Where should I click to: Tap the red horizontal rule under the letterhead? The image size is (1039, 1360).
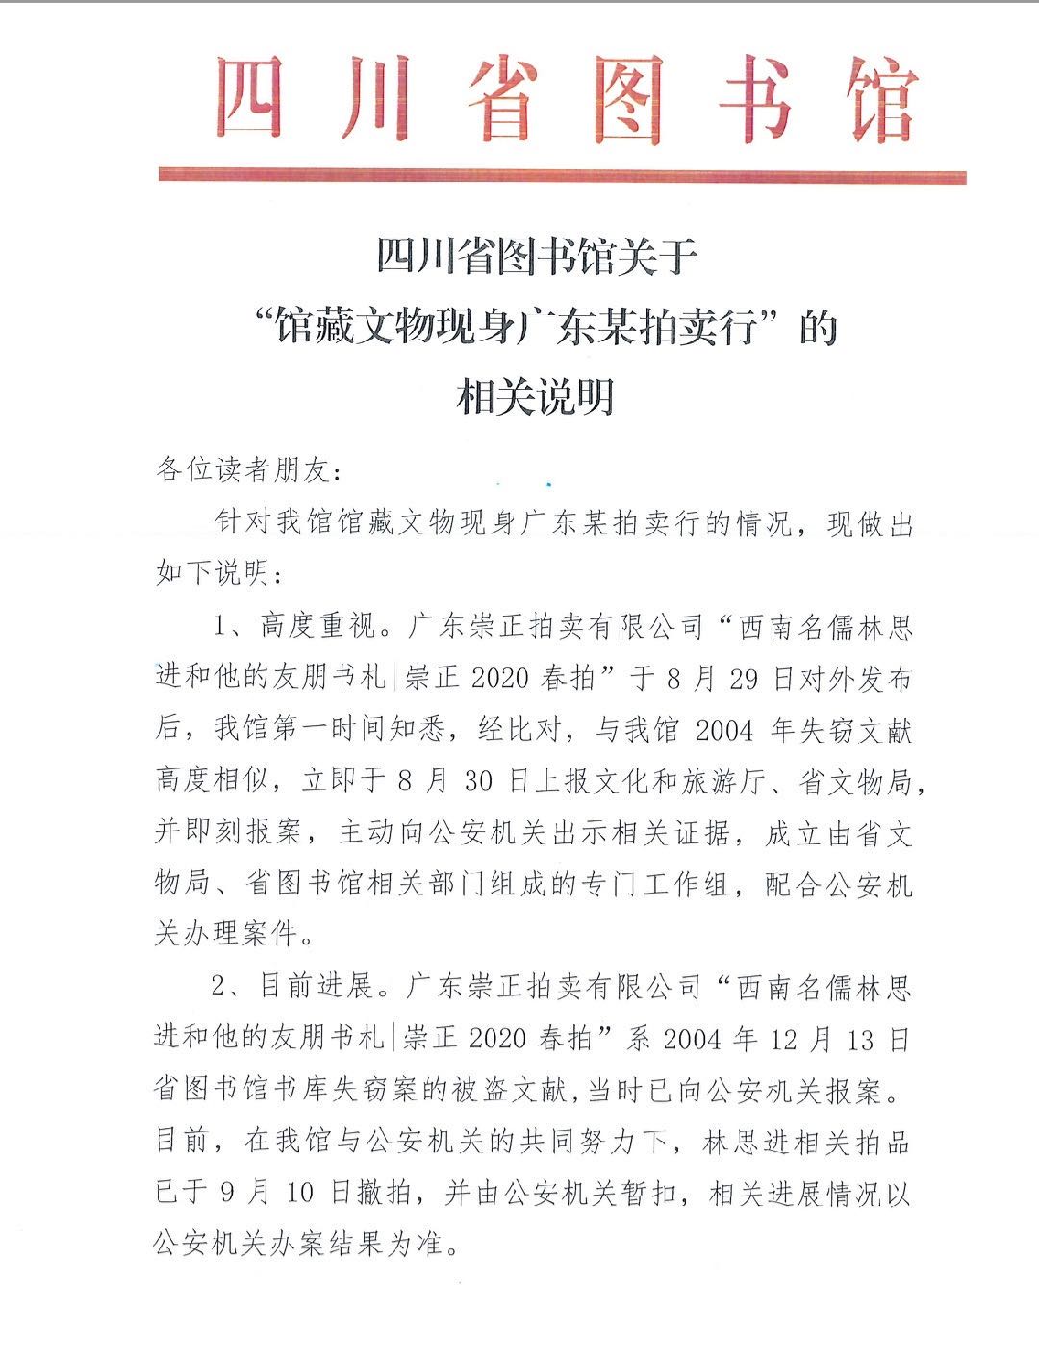click(562, 176)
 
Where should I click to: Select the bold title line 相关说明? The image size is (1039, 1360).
click(535, 396)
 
